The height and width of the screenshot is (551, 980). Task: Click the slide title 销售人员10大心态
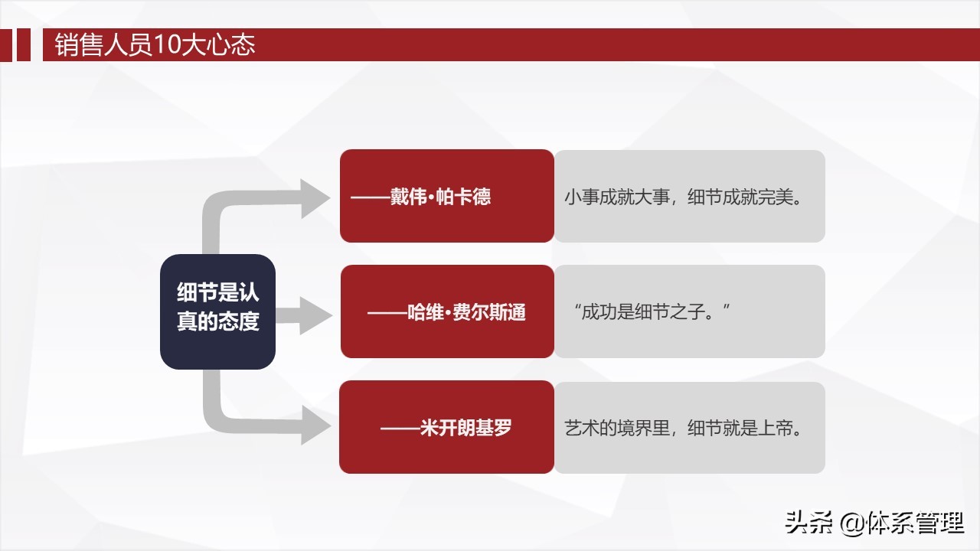click(155, 44)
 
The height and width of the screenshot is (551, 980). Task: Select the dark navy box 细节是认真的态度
click(218, 311)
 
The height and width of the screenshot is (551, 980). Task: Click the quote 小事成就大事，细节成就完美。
click(684, 197)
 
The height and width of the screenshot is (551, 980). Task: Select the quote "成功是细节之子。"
click(652, 311)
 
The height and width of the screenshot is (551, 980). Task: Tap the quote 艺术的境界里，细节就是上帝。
click(684, 428)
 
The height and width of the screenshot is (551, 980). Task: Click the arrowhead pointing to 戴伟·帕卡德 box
click(314, 198)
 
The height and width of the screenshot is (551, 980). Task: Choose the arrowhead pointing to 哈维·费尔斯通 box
click(315, 315)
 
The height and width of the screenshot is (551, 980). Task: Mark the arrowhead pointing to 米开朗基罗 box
click(315, 425)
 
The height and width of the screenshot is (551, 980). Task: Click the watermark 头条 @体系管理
click(874, 523)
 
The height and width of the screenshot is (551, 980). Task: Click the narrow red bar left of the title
click(24, 44)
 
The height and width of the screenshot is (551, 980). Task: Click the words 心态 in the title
click(231, 44)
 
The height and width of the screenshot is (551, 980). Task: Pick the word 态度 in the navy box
click(239, 321)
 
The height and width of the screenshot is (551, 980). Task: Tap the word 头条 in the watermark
click(808, 523)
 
